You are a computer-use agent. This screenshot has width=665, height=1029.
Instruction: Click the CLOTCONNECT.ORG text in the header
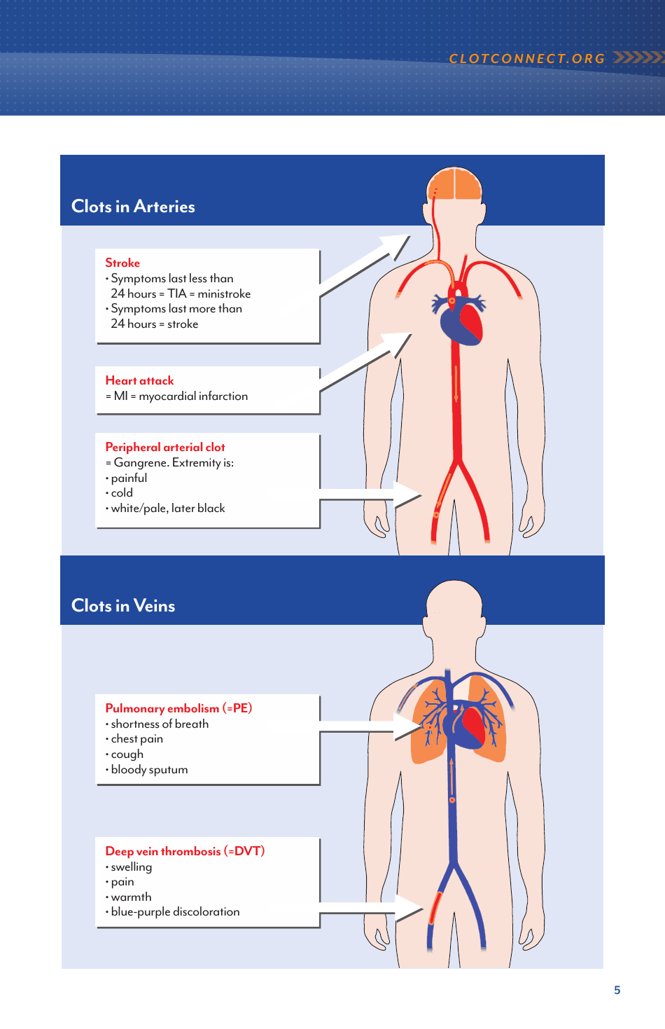click(x=526, y=59)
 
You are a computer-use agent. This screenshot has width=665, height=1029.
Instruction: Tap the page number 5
click(x=617, y=990)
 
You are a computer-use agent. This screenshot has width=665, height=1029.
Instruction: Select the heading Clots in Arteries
click(x=133, y=207)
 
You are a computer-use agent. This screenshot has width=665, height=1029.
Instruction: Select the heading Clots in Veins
click(x=123, y=606)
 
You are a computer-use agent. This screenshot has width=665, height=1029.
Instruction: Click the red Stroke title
click(x=122, y=263)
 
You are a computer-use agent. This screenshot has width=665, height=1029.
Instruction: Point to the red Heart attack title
click(x=139, y=380)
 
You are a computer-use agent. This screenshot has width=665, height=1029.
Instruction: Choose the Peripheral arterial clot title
click(x=165, y=447)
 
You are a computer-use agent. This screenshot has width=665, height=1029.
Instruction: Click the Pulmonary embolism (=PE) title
click(x=178, y=708)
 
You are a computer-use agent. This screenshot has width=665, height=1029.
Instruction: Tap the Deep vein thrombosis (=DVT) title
click(x=185, y=851)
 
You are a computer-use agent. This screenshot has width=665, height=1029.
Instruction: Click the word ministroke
click(x=224, y=294)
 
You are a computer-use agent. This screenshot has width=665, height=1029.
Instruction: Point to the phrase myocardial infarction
click(x=193, y=396)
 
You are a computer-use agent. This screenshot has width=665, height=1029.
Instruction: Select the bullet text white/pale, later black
click(x=168, y=509)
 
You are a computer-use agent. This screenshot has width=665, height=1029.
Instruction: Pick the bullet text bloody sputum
click(x=149, y=770)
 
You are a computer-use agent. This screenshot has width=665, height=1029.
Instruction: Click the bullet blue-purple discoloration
click(x=175, y=912)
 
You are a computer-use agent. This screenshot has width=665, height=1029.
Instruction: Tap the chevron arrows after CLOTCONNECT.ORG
click(x=638, y=57)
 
